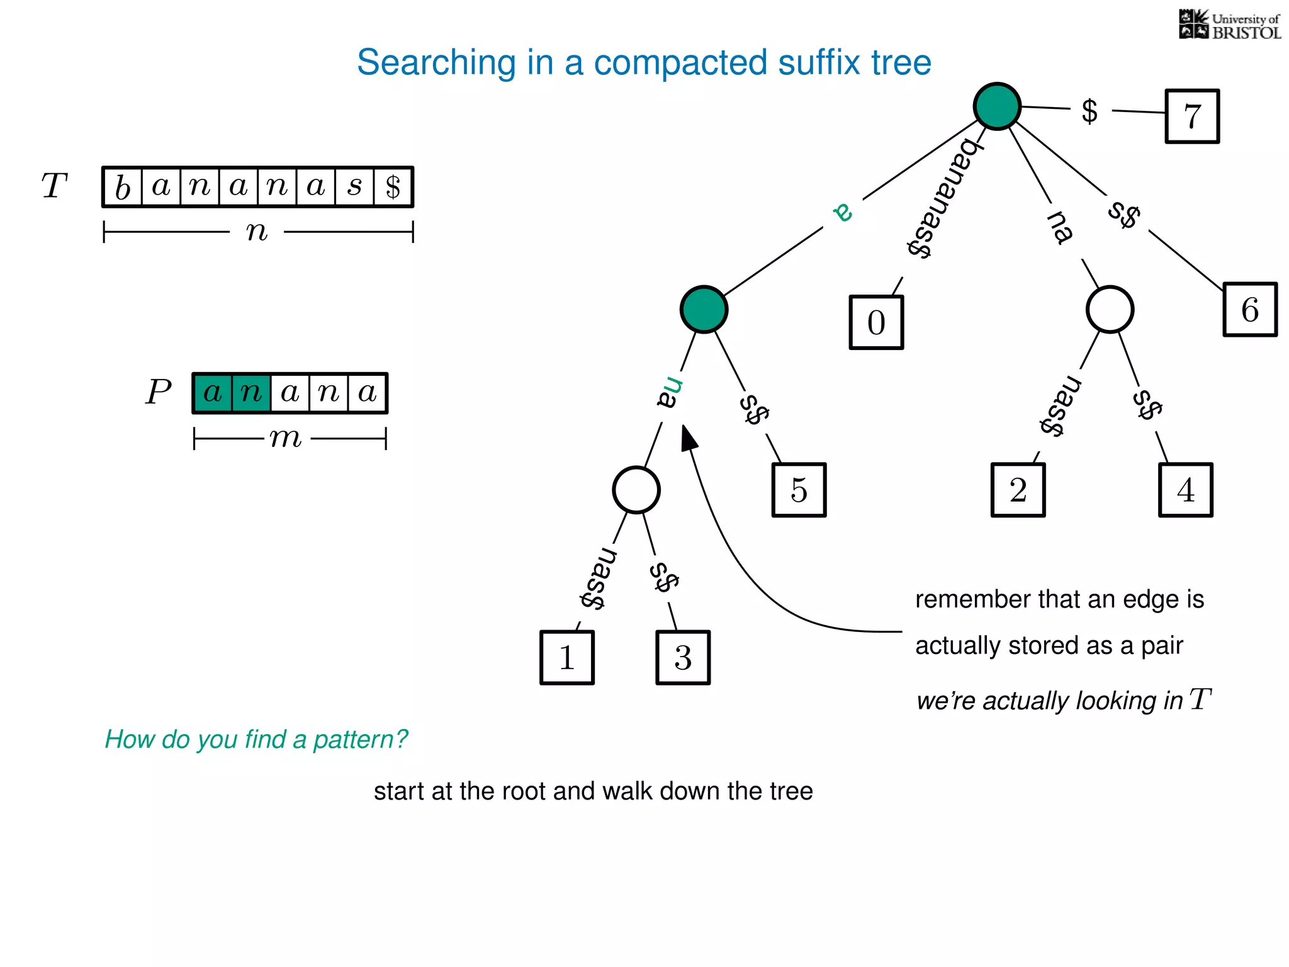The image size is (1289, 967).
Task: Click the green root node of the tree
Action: [997, 106]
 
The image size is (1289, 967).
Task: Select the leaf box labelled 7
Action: [1192, 116]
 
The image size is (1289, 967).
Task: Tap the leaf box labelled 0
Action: [876, 322]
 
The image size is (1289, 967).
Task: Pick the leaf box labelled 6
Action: [1250, 310]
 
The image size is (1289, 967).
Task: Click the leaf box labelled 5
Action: [799, 490]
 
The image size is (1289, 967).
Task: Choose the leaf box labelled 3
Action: [683, 657]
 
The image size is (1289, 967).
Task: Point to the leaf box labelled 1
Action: [567, 657]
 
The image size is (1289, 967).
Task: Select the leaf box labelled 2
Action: [1018, 490]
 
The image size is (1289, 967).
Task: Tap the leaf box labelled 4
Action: [1185, 490]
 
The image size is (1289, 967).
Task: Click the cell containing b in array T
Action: [123, 187]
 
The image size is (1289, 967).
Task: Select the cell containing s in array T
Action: [355, 187]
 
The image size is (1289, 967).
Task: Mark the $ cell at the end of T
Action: [393, 187]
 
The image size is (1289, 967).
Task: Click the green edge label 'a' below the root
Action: [843, 212]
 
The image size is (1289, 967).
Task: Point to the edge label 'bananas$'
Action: [942, 198]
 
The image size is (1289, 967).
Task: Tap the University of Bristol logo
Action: [1229, 25]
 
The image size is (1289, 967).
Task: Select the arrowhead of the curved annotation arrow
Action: [689, 438]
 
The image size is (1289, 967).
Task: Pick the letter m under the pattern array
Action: [286, 438]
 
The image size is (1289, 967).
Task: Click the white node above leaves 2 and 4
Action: [1110, 310]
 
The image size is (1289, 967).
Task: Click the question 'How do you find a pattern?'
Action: [256, 739]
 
